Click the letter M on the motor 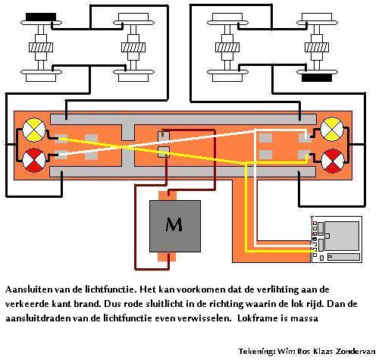pos(174,224)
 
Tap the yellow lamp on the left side pos(34,130)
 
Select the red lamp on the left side pos(34,160)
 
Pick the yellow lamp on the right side pos(332,130)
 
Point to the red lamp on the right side pos(332,161)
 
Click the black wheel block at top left pos(41,17)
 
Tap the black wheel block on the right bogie pos(317,78)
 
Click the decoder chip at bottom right pos(337,239)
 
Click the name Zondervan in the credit pos(356,352)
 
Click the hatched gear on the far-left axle pos(41,47)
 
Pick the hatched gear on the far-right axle pos(317,47)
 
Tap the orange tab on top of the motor pos(168,196)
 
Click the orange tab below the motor pos(167,256)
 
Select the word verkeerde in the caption pos(27,304)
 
